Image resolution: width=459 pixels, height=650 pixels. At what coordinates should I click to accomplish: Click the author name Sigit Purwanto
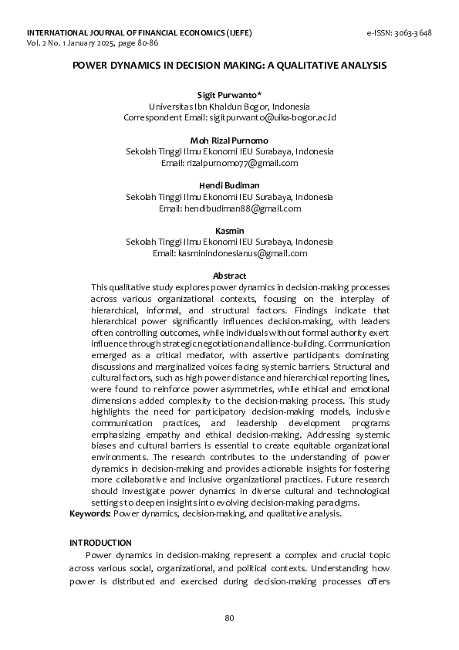[229, 93]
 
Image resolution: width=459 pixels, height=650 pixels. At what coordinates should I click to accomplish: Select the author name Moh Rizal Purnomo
[229, 140]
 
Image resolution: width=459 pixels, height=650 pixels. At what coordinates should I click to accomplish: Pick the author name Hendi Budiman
[229, 185]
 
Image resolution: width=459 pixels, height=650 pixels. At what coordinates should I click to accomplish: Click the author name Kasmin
[229, 231]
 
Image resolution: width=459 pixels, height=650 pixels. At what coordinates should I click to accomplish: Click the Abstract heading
[229, 276]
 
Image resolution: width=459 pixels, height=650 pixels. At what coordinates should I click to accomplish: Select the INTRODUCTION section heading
[100, 543]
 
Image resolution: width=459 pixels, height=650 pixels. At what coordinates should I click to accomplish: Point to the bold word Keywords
[90, 513]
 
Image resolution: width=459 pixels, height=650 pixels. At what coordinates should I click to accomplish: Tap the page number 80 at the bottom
[229, 618]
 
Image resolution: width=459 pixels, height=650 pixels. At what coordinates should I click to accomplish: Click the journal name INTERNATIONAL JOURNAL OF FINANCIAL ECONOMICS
[127, 33]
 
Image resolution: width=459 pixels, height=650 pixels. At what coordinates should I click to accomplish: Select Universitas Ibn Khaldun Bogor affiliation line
[229, 106]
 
